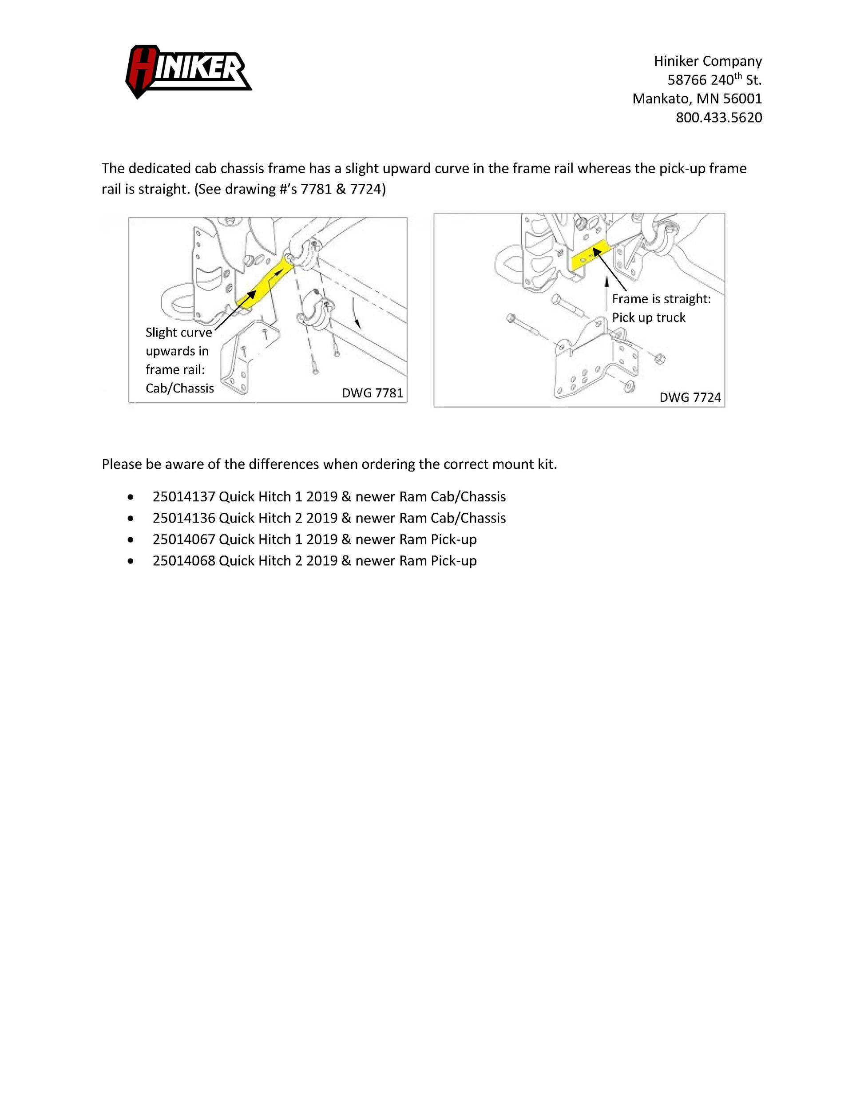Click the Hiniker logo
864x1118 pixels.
[188, 71]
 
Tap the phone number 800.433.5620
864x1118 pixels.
[719, 118]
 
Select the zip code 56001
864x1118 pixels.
[742, 99]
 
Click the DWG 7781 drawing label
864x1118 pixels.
[372, 393]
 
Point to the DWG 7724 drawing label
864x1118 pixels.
[690, 397]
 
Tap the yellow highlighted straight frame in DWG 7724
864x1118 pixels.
[590, 254]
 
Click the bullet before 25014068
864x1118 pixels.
[131, 562]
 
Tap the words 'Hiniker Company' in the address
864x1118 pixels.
[708, 61]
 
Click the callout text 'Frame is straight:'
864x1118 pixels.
[661, 299]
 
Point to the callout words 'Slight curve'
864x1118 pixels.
[178, 333]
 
